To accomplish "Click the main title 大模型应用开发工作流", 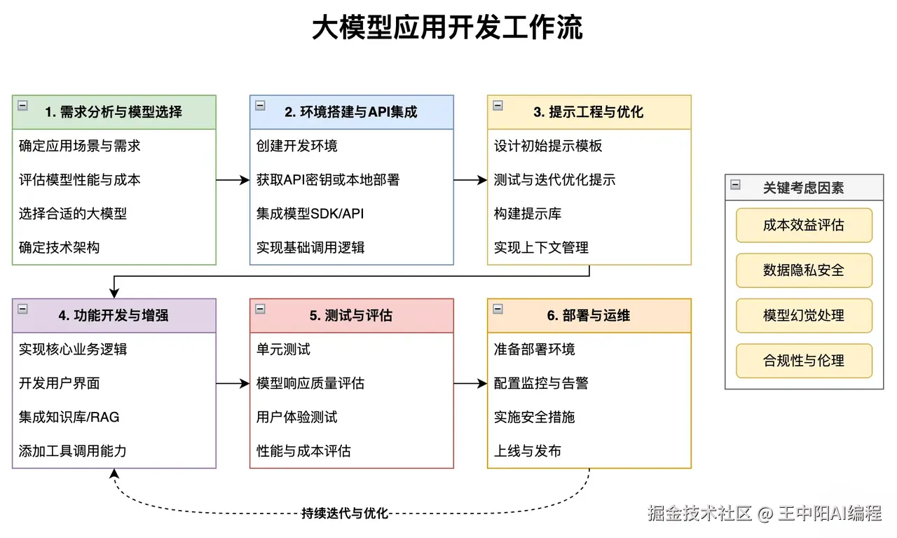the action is [x=447, y=27].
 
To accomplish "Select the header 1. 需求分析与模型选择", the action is [x=114, y=112].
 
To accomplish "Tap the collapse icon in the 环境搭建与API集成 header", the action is [x=260, y=106].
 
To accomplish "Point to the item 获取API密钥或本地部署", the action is [x=328, y=180].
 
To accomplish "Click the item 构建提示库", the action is [x=528, y=214].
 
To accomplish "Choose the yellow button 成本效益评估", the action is [x=804, y=225].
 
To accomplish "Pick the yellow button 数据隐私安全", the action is [x=804, y=270].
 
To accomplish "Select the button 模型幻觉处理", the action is [x=804, y=315].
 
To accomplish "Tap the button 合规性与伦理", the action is [x=804, y=361].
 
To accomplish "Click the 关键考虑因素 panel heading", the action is [x=803, y=188].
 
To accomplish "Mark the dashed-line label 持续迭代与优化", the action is [x=345, y=513].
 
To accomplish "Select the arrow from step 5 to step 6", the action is [x=470, y=383].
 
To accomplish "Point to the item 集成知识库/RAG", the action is [x=69, y=417].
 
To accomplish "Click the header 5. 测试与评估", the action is [x=351, y=315].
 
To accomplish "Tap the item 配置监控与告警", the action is [x=541, y=383].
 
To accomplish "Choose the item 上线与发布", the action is [x=528, y=451].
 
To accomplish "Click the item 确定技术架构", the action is [x=59, y=247].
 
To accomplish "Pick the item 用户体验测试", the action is [x=296, y=417].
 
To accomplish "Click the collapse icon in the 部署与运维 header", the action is [x=498, y=309].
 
